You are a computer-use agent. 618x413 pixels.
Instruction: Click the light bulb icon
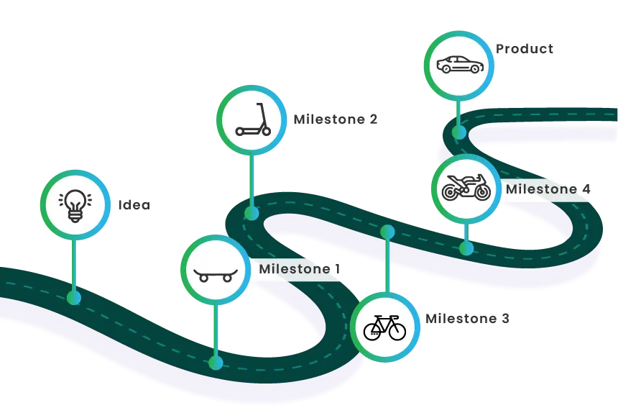pyautogui.click(x=75, y=204)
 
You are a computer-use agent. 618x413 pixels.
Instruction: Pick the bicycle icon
pyautogui.click(x=384, y=327)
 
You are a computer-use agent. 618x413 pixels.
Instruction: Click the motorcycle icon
pyautogui.click(x=466, y=188)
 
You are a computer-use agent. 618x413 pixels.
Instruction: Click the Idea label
pyautogui.click(x=134, y=205)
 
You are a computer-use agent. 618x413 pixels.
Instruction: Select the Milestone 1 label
pyautogui.click(x=299, y=269)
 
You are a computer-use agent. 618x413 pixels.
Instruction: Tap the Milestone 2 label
pyautogui.click(x=335, y=119)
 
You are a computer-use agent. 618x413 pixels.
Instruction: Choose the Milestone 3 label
pyautogui.click(x=467, y=318)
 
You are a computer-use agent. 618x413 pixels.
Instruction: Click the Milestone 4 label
pyautogui.click(x=548, y=189)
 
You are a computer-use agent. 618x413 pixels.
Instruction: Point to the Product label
pyautogui.click(x=525, y=49)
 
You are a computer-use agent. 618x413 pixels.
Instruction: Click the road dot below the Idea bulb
pyautogui.click(x=73, y=297)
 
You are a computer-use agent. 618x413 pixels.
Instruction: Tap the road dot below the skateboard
pyautogui.click(x=216, y=363)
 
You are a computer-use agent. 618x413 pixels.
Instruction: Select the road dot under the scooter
pyautogui.click(x=252, y=213)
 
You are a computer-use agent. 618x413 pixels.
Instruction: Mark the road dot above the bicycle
pyautogui.click(x=388, y=232)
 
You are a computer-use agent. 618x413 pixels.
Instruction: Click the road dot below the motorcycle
pyautogui.click(x=466, y=249)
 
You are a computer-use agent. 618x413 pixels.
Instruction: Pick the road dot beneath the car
pyautogui.click(x=458, y=132)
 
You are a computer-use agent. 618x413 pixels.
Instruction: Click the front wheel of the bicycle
pyautogui.click(x=397, y=332)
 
